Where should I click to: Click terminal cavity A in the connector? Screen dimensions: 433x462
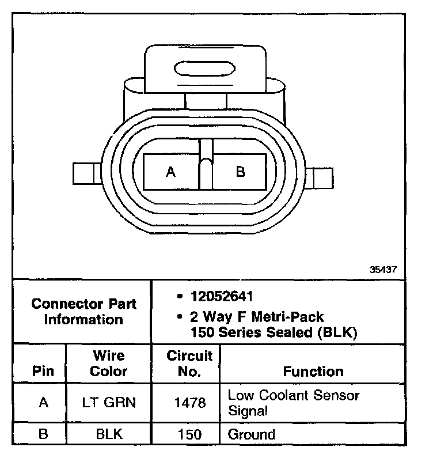tap(171, 172)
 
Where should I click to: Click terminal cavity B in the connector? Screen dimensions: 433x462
tap(240, 172)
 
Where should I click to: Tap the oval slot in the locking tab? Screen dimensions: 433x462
tap(205, 69)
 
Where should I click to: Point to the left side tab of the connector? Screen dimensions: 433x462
tap(88, 173)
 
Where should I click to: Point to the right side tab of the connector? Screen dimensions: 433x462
tap(320, 177)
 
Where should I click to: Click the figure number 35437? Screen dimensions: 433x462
tap(383, 269)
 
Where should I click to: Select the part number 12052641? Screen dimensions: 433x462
tap(222, 297)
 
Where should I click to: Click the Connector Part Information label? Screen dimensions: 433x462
tap(84, 312)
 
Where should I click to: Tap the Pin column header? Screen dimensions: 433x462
tap(43, 371)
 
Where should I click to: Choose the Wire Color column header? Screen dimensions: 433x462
tap(108, 363)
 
